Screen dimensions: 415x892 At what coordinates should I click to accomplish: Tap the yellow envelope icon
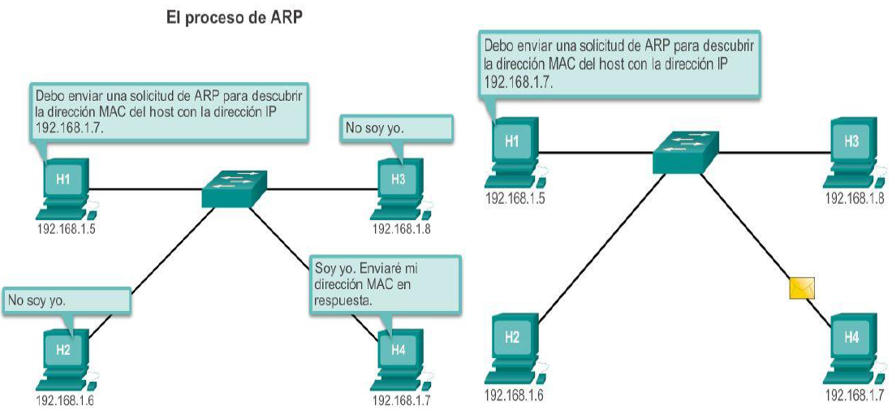(801, 287)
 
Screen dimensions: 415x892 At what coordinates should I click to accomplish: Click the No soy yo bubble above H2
(67, 300)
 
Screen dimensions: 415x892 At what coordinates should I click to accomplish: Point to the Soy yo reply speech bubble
(385, 284)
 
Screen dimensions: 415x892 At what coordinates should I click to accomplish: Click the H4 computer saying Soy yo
(398, 356)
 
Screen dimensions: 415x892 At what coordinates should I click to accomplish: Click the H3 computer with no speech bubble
(851, 149)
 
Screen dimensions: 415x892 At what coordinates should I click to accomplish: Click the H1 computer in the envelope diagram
(512, 149)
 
